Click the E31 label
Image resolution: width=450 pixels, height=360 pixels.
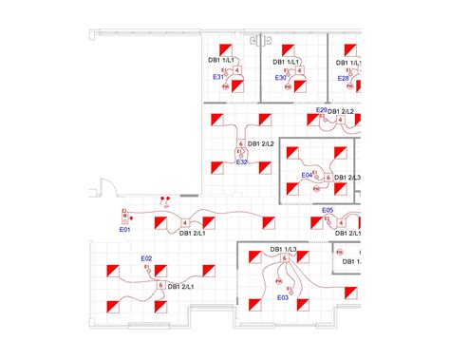pyautogui.click(x=217, y=77)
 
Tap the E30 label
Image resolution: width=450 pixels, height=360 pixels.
pyautogui.click(x=280, y=77)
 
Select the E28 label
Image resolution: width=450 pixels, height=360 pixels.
pyautogui.click(x=344, y=77)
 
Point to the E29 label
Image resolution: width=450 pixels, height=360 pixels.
pyautogui.click(x=322, y=111)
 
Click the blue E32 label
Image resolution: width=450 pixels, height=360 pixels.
pyautogui.click(x=242, y=162)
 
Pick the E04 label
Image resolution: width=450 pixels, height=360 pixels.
pyautogui.click(x=307, y=176)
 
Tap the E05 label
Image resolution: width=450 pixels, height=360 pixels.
pyautogui.click(x=328, y=210)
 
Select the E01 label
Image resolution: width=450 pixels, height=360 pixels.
pyautogui.click(x=123, y=229)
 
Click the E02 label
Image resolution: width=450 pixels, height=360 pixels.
pyautogui.click(x=147, y=258)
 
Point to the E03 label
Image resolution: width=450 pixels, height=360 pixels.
pyautogui.click(x=283, y=297)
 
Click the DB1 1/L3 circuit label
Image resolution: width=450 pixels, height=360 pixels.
pyautogui.click(x=283, y=250)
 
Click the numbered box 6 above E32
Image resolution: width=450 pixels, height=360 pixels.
pyautogui.click(x=242, y=144)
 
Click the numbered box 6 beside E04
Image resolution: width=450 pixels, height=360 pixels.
pyautogui.click(x=328, y=178)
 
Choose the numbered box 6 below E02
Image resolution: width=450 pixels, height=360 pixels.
pyautogui.click(x=161, y=285)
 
